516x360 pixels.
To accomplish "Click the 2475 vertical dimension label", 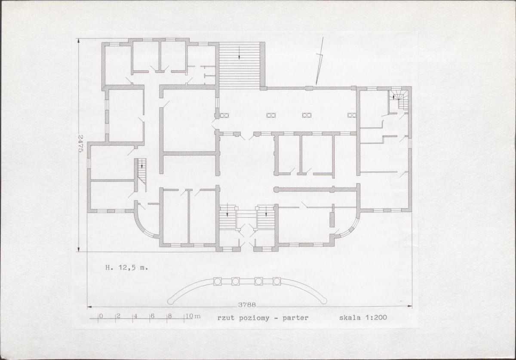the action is point(80,143).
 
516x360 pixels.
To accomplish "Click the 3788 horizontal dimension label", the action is point(247,305).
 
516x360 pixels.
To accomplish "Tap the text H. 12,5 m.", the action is point(126,268).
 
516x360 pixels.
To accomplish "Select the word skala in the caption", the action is point(350,317).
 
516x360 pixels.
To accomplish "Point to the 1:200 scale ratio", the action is point(376,317).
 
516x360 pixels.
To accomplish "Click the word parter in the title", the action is point(295,318).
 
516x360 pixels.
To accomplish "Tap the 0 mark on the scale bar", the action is point(101,316).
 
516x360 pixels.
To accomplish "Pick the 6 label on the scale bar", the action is point(153,316).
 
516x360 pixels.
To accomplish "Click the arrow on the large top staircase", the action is point(240,52).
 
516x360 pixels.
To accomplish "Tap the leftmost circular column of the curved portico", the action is point(217,281).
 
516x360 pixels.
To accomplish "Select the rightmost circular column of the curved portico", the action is point(276,281).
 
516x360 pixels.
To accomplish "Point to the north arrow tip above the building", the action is point(316,85).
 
